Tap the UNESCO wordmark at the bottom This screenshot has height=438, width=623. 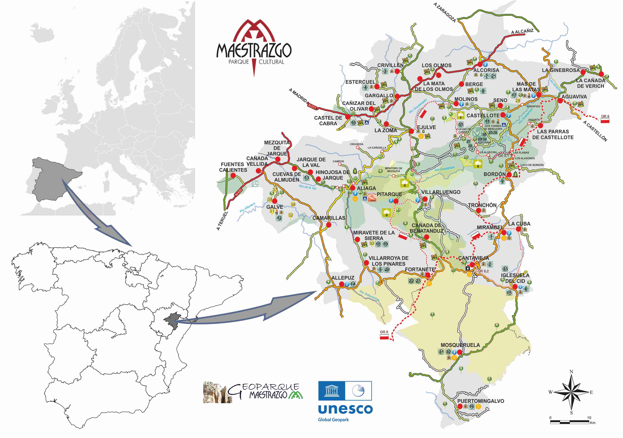click(345, 409)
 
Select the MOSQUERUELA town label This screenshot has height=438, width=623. click(460, 345)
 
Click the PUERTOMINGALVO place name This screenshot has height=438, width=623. click(481, 401)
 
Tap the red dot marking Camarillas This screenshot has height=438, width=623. click(329, 225)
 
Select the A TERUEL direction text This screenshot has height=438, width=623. click(222, 221)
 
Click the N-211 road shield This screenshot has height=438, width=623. click(312, 106)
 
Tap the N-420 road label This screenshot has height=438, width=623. click(238, 192)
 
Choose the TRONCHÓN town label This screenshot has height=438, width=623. click(482, 205)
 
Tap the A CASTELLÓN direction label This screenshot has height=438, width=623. click(595, 131)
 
